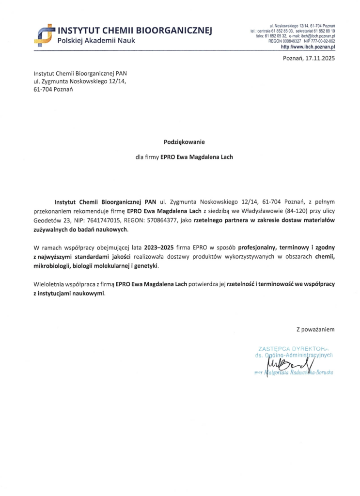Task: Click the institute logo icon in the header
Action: [44, 32]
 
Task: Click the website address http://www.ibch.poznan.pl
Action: [308, 47]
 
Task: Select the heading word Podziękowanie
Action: [185, 142]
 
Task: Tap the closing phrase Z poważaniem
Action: [315, 329]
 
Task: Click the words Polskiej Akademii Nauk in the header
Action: [96, 41]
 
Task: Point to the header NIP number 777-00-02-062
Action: [321, 42]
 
